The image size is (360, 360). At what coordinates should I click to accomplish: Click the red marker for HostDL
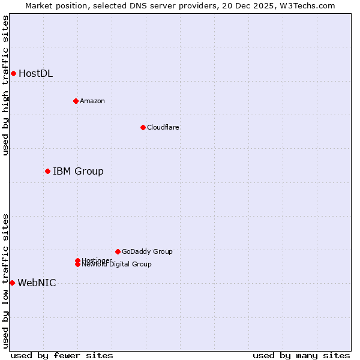(x=13, y=73)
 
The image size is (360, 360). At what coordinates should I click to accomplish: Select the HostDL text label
(x=35, y=74)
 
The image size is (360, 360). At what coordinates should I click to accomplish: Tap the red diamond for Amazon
(x=76, y=101)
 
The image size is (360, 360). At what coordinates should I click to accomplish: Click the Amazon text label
(x=92, y=101)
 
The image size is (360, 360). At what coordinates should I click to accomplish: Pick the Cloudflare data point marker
(x=143, y=127)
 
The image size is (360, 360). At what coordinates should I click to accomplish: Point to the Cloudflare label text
(x=163, y=127)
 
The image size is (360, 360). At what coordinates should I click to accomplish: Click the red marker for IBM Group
(x=47, y=172)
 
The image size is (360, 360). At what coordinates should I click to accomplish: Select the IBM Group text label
(x=78, y=172)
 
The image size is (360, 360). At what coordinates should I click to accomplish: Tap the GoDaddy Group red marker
(x=118, y=251)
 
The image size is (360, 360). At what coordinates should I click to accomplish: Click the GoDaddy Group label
(x=147, y=251)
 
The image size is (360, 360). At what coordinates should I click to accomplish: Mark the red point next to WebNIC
(x=12, y=283)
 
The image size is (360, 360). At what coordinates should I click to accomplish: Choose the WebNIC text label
(x=37, y=283)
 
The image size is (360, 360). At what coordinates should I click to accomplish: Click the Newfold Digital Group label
(x=117, y=265)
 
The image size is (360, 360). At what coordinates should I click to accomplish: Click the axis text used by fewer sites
(x=62, y=355)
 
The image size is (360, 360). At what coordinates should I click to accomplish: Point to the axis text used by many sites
(x=301, y=355)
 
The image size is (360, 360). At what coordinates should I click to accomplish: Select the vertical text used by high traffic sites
(x=5, y=85)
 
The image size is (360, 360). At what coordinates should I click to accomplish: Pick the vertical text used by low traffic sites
(x=5, y=281)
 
